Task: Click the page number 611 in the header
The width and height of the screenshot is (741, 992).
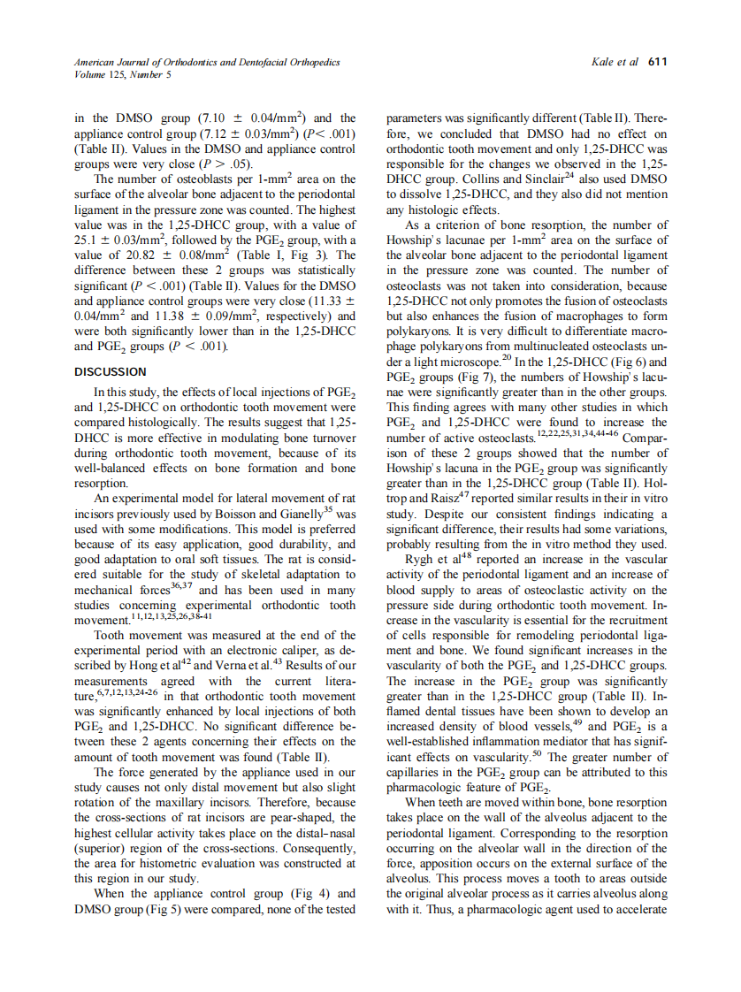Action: pos(657,62)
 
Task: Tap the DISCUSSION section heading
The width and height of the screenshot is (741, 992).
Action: pos(110,372)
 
